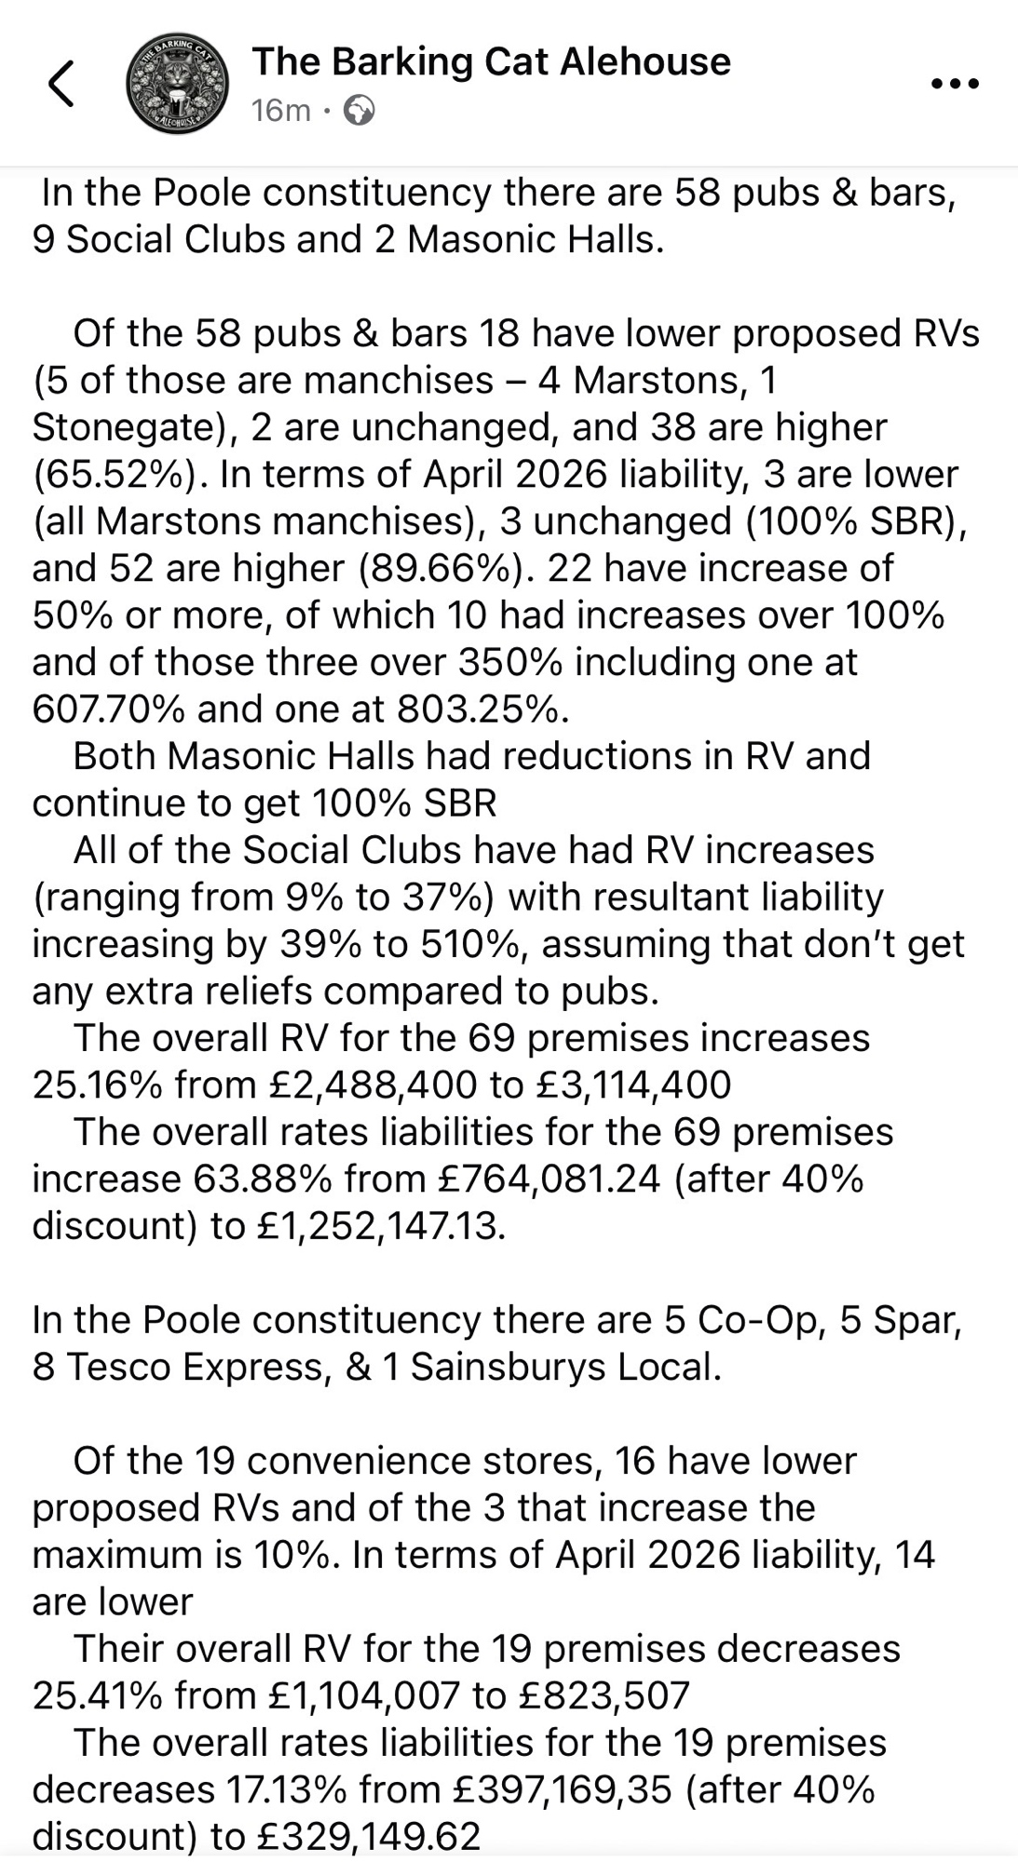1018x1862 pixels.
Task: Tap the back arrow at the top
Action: [61, 84]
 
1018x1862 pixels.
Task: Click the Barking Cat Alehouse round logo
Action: [177, 85]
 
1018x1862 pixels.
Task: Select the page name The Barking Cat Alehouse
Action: [491, 61]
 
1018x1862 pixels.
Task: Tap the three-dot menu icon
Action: [955, 84]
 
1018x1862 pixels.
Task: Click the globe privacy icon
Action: [360, 111]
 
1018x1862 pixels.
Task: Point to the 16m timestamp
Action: [280, 111]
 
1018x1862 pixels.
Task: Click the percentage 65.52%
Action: [114, 475]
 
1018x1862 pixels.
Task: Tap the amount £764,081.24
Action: [549, 1179]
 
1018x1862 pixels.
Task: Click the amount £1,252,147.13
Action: [380, 1226]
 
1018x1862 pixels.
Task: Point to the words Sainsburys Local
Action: [564, 1367]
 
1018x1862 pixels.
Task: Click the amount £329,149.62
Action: [368, 1836]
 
